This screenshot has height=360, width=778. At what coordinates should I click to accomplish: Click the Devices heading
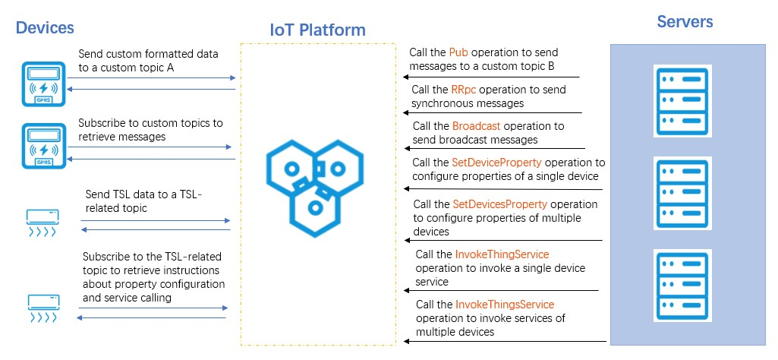(x=45, y=28)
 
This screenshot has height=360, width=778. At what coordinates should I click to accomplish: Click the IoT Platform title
(x=317, y=30)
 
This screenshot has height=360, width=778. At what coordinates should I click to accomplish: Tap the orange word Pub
(x=458, y=52)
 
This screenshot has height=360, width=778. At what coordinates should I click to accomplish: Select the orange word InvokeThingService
(x=502, y=254)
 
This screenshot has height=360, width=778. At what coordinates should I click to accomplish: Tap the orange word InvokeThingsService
(x=504, y=305)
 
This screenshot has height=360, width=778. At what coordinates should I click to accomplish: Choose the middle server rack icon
(x=681, y=193)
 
